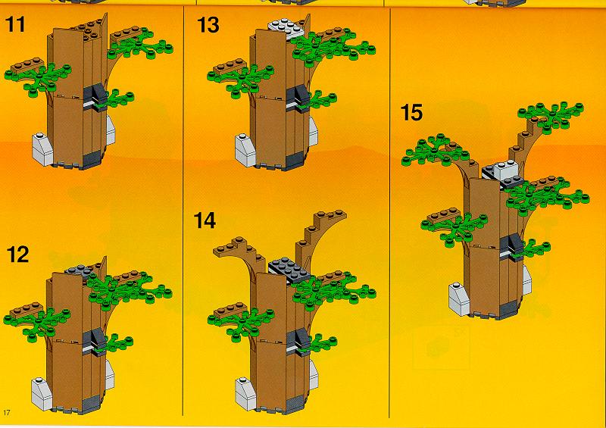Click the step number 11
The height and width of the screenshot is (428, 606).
click(x=16, y=24)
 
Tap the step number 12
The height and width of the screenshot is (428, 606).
click(x=17, y=255)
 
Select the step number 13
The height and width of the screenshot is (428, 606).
click(x=208, y=25)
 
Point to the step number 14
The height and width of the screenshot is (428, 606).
click(x=205, y=220)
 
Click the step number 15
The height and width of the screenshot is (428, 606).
click(x=411, y=112)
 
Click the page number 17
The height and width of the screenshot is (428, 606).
click(x=6, y=412)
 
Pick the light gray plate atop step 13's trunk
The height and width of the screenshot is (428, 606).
click(x=286, y=27)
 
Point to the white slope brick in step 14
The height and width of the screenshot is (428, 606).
click(x=245, y=393)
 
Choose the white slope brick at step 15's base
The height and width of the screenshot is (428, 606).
click(x=460, y=300)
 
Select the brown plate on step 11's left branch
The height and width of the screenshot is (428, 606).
click(x=27, y=66)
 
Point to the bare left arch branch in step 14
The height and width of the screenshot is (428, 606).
click(x=242, y=253)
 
